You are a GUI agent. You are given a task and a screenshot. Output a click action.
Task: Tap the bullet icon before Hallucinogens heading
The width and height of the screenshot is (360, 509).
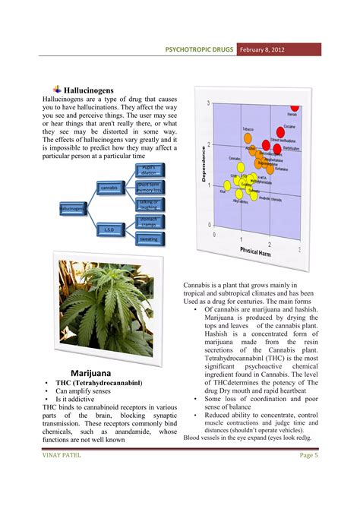(57, 89)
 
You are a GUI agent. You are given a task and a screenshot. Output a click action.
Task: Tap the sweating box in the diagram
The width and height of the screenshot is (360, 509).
(148, 239)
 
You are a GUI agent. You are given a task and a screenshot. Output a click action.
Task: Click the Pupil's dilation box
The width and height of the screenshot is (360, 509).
(148, 169)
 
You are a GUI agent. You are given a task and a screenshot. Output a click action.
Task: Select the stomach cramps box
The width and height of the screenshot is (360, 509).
(148, 221)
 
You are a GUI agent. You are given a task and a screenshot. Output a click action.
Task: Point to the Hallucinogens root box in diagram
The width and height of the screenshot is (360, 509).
(74, 207)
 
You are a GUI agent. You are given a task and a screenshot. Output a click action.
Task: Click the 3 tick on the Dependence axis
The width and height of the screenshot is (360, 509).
(207, 103)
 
